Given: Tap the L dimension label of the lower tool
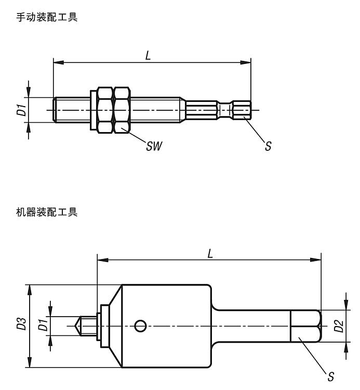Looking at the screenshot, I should (210, 253).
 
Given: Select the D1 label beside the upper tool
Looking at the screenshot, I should (20, 110).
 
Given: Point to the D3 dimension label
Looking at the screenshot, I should (21, 326).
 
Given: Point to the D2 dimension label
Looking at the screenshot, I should (338, 326).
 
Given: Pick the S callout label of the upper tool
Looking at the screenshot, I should (268, 146).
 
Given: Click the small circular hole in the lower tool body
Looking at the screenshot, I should (139, 326).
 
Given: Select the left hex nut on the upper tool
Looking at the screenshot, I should (104, 110).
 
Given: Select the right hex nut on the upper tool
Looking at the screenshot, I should (122, 110).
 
